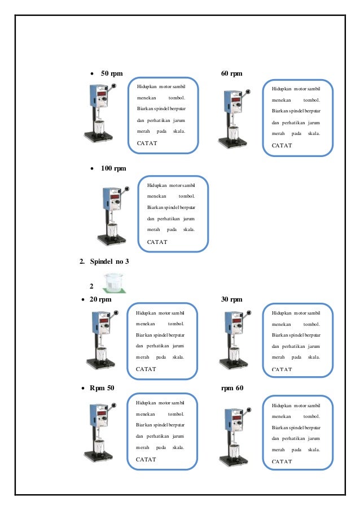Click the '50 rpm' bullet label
click(x=112, y=73)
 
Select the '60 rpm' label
click(x=232, y=73)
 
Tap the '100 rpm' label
click(x=113, y=168)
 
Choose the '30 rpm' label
click(x=232, y=299)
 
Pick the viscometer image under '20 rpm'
click(x=102, y=341)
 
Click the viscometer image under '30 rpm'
click(x=231, y=341)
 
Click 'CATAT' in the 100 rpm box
click(x=157, y=242)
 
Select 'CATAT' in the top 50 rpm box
click(x=147, y=143)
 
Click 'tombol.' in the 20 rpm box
click(x=176, y=324)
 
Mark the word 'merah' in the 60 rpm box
click(x=278, y=134)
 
